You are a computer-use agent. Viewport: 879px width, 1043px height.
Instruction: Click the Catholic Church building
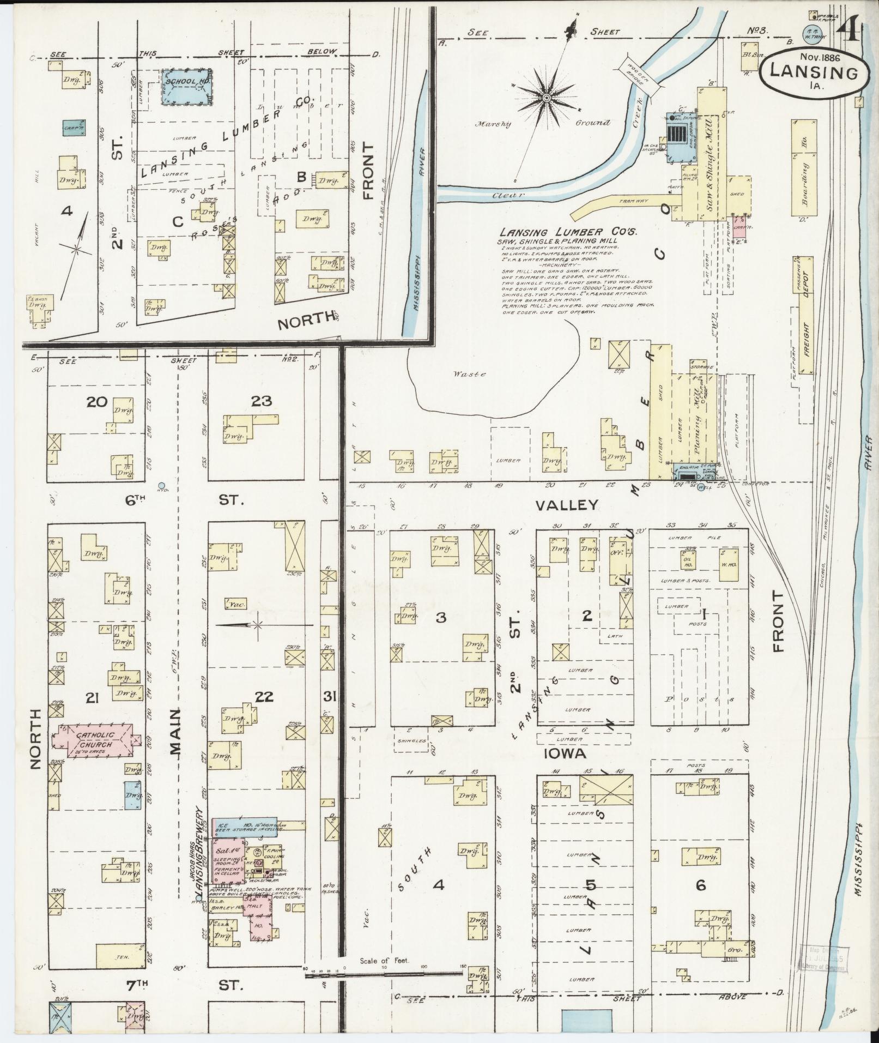coord(92,740)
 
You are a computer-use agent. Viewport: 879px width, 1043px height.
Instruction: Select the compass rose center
coord(546,98)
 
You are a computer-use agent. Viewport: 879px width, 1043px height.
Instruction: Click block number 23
coord(262,401)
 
